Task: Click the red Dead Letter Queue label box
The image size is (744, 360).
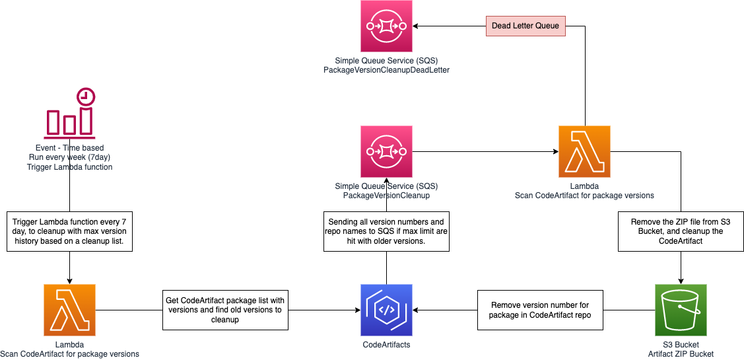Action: point(525,26)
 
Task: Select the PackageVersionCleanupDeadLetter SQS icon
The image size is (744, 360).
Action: point(386,26)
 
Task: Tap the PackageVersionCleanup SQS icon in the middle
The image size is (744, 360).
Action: point(386,151)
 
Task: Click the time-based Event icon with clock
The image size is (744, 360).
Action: point(70,112)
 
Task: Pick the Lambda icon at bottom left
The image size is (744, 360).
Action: point(69,310)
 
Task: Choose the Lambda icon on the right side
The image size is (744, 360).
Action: point(584,151)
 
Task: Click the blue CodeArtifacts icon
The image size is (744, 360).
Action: point(386,310)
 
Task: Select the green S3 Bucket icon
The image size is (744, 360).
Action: point(681,310)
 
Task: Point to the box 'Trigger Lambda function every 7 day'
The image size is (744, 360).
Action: point(69,232)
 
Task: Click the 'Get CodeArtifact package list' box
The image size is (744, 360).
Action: point(225,310)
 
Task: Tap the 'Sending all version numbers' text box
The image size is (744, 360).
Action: point(386,232)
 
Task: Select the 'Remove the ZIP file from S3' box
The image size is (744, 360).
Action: point(681,232)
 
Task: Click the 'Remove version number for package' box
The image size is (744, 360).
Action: point(539,310)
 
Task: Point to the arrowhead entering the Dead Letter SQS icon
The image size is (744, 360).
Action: point(417,26)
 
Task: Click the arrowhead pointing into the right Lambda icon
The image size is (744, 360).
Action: point(555,151)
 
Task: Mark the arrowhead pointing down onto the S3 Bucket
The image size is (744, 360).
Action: point(681,280)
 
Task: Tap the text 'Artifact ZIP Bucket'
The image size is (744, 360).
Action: point(681,354)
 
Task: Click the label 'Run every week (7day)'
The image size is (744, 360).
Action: point(69,157)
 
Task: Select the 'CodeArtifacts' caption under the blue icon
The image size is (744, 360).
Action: point(386,345)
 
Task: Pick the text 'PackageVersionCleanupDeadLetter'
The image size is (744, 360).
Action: point(386,70)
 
